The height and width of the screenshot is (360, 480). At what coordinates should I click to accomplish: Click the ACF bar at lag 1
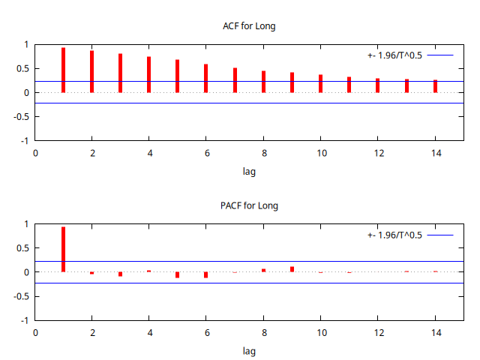63,70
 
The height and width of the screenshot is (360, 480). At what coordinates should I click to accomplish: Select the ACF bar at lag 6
205,79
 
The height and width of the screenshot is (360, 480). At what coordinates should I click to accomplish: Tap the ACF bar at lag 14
435,86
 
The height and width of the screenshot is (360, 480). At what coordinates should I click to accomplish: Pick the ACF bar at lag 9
292,82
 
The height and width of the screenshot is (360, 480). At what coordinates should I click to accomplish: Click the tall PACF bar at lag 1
63,250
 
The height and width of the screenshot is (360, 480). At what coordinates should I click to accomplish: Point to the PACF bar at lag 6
205,274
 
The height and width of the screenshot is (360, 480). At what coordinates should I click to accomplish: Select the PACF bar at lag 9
292,269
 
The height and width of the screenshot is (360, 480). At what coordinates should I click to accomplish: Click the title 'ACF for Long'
250,26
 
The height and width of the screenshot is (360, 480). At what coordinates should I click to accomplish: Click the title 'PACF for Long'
250,205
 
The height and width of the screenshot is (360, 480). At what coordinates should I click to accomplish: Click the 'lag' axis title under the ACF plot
250,172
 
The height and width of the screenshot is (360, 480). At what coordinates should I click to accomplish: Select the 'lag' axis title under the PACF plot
250,351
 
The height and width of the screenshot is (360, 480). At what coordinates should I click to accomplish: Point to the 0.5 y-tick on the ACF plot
21,68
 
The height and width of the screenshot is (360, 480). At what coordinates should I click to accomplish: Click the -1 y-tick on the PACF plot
24,320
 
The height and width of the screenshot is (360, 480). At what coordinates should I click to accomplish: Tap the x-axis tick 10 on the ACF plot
320,153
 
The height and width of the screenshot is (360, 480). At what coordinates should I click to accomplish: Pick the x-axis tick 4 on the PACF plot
149,332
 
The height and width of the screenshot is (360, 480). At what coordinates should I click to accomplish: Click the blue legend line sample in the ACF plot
441,55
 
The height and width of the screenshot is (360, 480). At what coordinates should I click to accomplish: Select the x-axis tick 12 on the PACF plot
378,332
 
